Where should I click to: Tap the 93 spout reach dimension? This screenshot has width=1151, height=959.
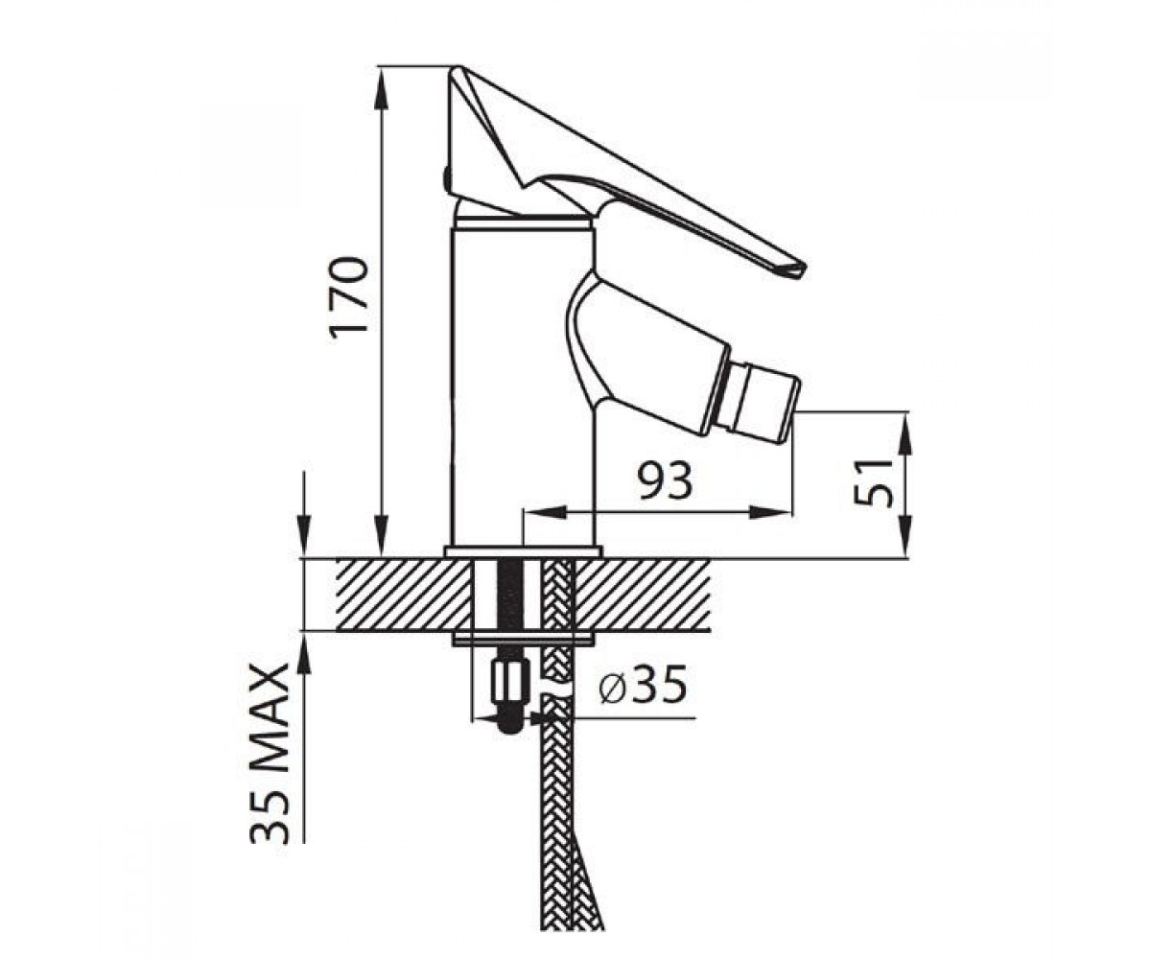[x=664, y=480]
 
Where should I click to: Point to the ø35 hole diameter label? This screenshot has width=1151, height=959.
[x=643, y=685]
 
